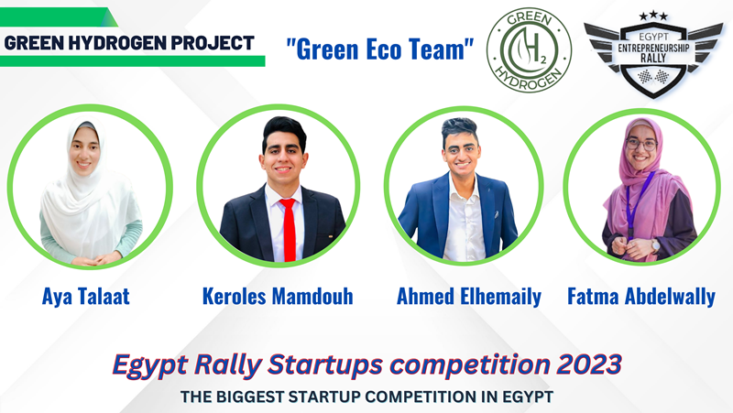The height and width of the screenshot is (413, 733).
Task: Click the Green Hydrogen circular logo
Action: pyautogui.click(x=529, y=50)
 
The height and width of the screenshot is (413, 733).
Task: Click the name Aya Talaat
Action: pyautogui.click(x=86, y=297)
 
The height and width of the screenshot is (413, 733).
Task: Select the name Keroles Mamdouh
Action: pyautogui.click(x=278, y=297)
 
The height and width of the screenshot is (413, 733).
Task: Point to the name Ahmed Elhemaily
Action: pyautogui.click(x=469, y=297)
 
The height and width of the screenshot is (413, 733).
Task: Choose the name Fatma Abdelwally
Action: pyautogui.click(x=641, y=297)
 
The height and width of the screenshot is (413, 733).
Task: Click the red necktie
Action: pyautogui.click(x=289, y=230)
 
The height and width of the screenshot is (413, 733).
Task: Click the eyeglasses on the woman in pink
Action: pyautogui.click(x=641, y=144)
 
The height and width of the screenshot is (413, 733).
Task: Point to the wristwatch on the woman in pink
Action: pyautogui.click(x=655, y=245)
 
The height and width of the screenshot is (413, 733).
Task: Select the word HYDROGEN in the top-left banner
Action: pyautogui.click(x=117, y=43)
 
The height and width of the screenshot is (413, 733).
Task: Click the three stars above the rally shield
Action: pyautogui.click(x=653, y=16)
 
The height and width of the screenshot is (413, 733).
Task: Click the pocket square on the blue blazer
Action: pyautogui.click(x=496, y=214)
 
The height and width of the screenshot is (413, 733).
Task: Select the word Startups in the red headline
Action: pyautogui.click(x=325, y=365)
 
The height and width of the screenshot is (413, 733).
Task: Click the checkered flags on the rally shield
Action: pyautogui.click(x=653, y=76)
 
